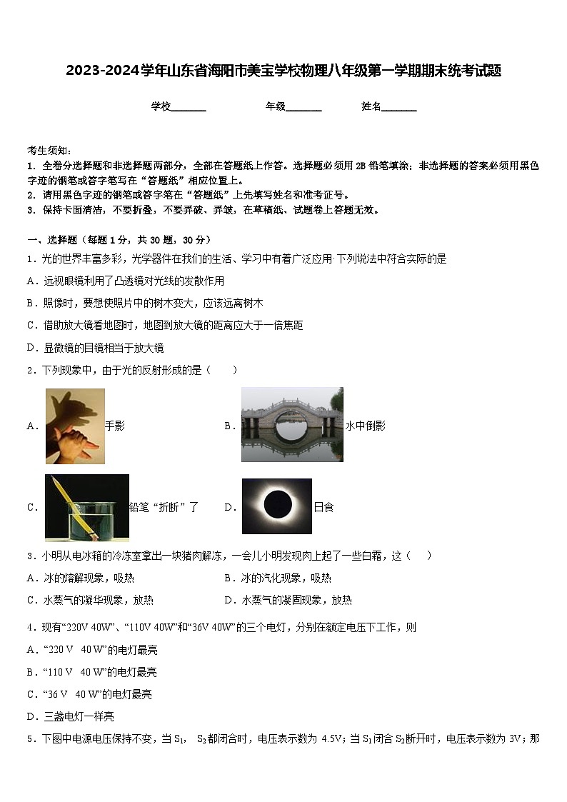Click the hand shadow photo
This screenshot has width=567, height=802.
click(x=75, y=426)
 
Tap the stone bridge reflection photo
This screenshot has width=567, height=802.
click(x=292, y=424)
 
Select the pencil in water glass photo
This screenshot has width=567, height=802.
click(x=86, y=508)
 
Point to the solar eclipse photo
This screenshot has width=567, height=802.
click(x=277, y=506)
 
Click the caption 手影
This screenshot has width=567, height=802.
click(x=115, y=426)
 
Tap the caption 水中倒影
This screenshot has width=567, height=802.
click(x=366, y=426)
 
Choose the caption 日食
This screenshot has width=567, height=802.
click(x=323, y=508)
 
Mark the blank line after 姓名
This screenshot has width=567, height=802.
click(x=399, y=108)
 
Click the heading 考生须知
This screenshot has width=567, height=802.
click(x=49, y=151)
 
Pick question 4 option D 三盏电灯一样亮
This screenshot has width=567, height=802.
click(x=70, y=716)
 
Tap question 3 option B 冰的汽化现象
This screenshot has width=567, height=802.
click(x=277, y=578)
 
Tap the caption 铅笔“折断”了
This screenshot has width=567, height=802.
click(x=164, y=508)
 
